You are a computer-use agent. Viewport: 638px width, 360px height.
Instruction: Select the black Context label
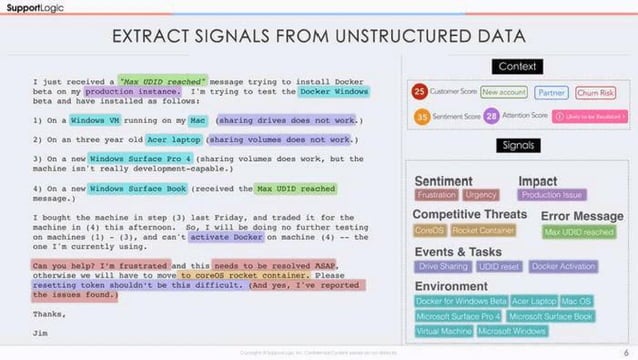[517, 66]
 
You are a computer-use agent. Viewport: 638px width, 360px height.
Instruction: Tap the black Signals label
[517, 146]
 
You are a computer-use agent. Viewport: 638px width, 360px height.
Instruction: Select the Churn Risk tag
[596, 92]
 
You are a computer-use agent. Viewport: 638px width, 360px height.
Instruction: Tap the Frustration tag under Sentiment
[436, 196]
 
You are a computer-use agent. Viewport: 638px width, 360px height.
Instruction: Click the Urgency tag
[481, 196]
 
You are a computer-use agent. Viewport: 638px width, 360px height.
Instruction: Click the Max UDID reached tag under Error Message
[579, 232]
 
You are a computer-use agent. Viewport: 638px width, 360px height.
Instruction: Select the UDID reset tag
[500, 267]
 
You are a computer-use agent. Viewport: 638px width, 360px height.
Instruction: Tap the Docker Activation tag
[562, 267]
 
